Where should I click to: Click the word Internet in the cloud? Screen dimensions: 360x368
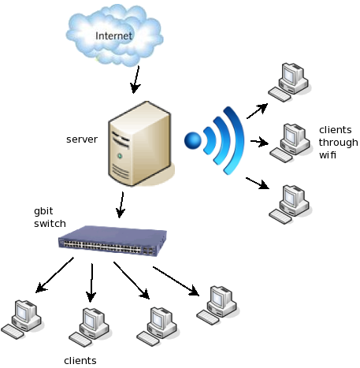coord(113,36)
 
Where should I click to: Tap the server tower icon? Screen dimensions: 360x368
coord(140,144)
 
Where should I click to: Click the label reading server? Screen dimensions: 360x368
coord(82,139)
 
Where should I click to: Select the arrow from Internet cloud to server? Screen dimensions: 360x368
coord(135,80)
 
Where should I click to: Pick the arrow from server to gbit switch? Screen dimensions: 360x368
coord(121,205)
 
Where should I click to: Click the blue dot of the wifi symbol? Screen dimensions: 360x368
coord(193,140)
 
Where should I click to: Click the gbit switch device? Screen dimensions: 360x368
coord(113,240)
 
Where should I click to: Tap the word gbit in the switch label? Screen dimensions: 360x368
coord(43,211)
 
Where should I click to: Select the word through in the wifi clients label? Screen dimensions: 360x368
coord(338,143)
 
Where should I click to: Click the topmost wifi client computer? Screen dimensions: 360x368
coord(288,82)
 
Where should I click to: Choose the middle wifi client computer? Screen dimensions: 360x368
coord(290,143)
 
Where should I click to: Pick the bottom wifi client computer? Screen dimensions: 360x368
coord(289,205)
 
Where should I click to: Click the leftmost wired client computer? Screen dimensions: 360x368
coord(21,319)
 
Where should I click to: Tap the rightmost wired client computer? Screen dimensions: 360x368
coord(217,306)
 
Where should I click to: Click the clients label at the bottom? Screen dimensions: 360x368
coord(80,361)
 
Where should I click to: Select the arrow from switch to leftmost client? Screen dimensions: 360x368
coord(54,275)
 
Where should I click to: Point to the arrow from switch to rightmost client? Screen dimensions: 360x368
coord(176,281)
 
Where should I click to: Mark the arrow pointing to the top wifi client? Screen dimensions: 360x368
coord(257,111)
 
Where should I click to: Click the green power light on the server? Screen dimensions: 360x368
coord(120,156)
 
